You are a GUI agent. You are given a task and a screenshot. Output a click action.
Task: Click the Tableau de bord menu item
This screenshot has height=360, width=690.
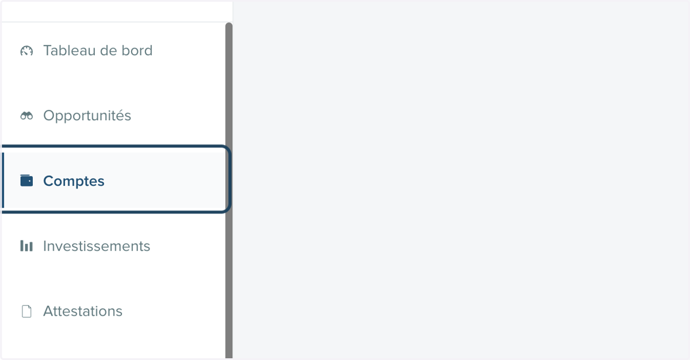coord(98,51)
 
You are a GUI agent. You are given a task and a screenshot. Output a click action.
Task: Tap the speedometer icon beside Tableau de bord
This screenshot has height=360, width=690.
coord(26,51)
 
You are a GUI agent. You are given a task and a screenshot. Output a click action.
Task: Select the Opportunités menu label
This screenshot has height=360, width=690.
coord(87,116)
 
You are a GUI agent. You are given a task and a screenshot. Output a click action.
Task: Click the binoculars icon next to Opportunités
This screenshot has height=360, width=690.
coord(26,116)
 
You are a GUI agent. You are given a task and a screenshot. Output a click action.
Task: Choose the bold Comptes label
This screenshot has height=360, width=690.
coord(74,181)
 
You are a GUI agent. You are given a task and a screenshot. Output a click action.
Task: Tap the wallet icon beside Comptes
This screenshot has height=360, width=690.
coord(26,181)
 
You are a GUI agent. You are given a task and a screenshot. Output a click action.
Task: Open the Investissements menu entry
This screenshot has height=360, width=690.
coord(97,246)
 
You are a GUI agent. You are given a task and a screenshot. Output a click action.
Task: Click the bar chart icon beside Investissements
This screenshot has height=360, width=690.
coord(26,246)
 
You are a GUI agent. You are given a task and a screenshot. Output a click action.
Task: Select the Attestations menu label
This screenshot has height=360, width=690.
coord(83,311)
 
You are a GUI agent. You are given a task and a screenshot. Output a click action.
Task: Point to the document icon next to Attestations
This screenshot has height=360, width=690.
coord(26,311)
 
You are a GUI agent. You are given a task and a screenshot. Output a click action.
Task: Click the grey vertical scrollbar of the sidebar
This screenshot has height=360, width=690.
coord(229,190)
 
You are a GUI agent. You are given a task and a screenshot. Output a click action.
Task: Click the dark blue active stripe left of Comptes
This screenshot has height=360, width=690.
coord(3,181)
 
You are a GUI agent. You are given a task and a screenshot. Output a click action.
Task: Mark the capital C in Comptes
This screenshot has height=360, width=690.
coord(49,181)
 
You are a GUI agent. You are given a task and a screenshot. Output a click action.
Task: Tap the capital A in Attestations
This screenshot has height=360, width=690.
coord(49,311)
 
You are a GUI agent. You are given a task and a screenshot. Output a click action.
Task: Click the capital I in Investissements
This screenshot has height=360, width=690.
coord(45,246)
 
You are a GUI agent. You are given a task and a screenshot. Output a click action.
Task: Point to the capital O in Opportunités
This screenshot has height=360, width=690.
coord(50,116)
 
